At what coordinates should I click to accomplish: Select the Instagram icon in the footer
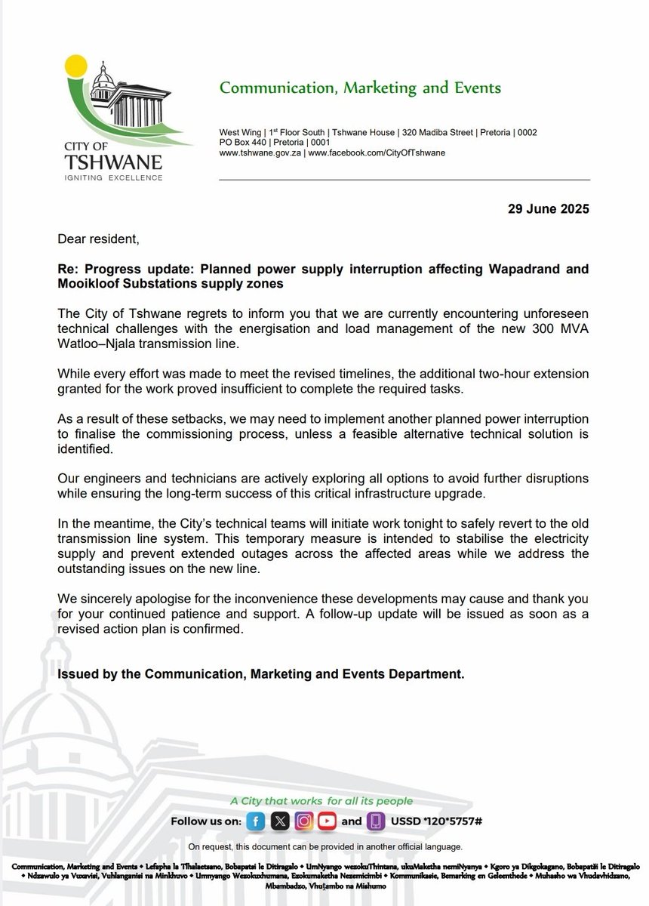click(303, 821)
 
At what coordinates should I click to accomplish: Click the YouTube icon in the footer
click(327, 821)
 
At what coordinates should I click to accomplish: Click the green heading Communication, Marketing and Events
click(360, 88)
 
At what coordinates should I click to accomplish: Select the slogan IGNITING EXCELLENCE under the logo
click(113, 178)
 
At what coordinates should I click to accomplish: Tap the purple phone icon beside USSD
click(375, 821)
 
